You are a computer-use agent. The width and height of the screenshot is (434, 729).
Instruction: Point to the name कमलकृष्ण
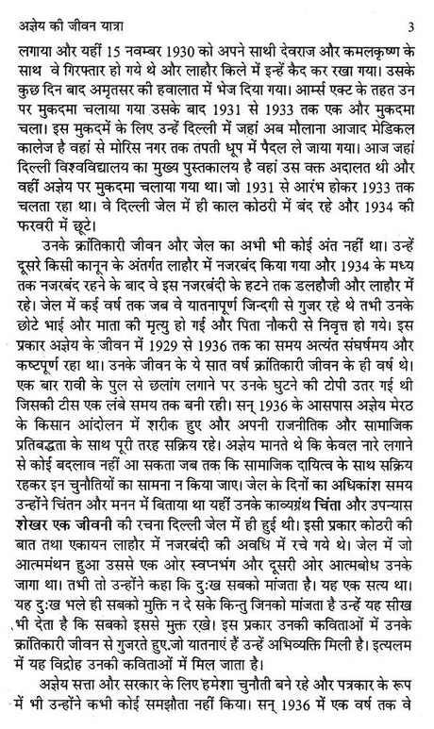385,43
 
